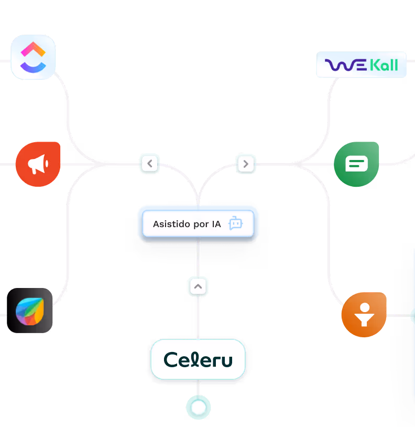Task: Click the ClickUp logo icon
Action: [x=33, y=57]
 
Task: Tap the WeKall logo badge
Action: [x=361, y=65]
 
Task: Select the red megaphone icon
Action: [x=38, y=164]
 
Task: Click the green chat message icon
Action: [x=356, y=164]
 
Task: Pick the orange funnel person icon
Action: [x=364, y=315]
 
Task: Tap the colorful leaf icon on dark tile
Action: [x=30, y=311]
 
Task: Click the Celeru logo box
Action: [x=198, y=359]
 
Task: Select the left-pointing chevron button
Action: [x=150, y=164]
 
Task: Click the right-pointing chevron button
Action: [x=245, y=164]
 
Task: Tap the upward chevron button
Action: [x=198, y=286]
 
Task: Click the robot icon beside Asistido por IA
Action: [x=236, y=224]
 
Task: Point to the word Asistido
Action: [x=170, y=224]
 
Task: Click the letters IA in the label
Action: [x=216, y=224]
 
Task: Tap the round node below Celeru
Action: [x=198, y=408]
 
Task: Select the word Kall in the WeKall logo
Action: [x=384, y=66]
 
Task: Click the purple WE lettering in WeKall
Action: [x=346, y=66]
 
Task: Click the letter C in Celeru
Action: [x=171, y=360]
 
